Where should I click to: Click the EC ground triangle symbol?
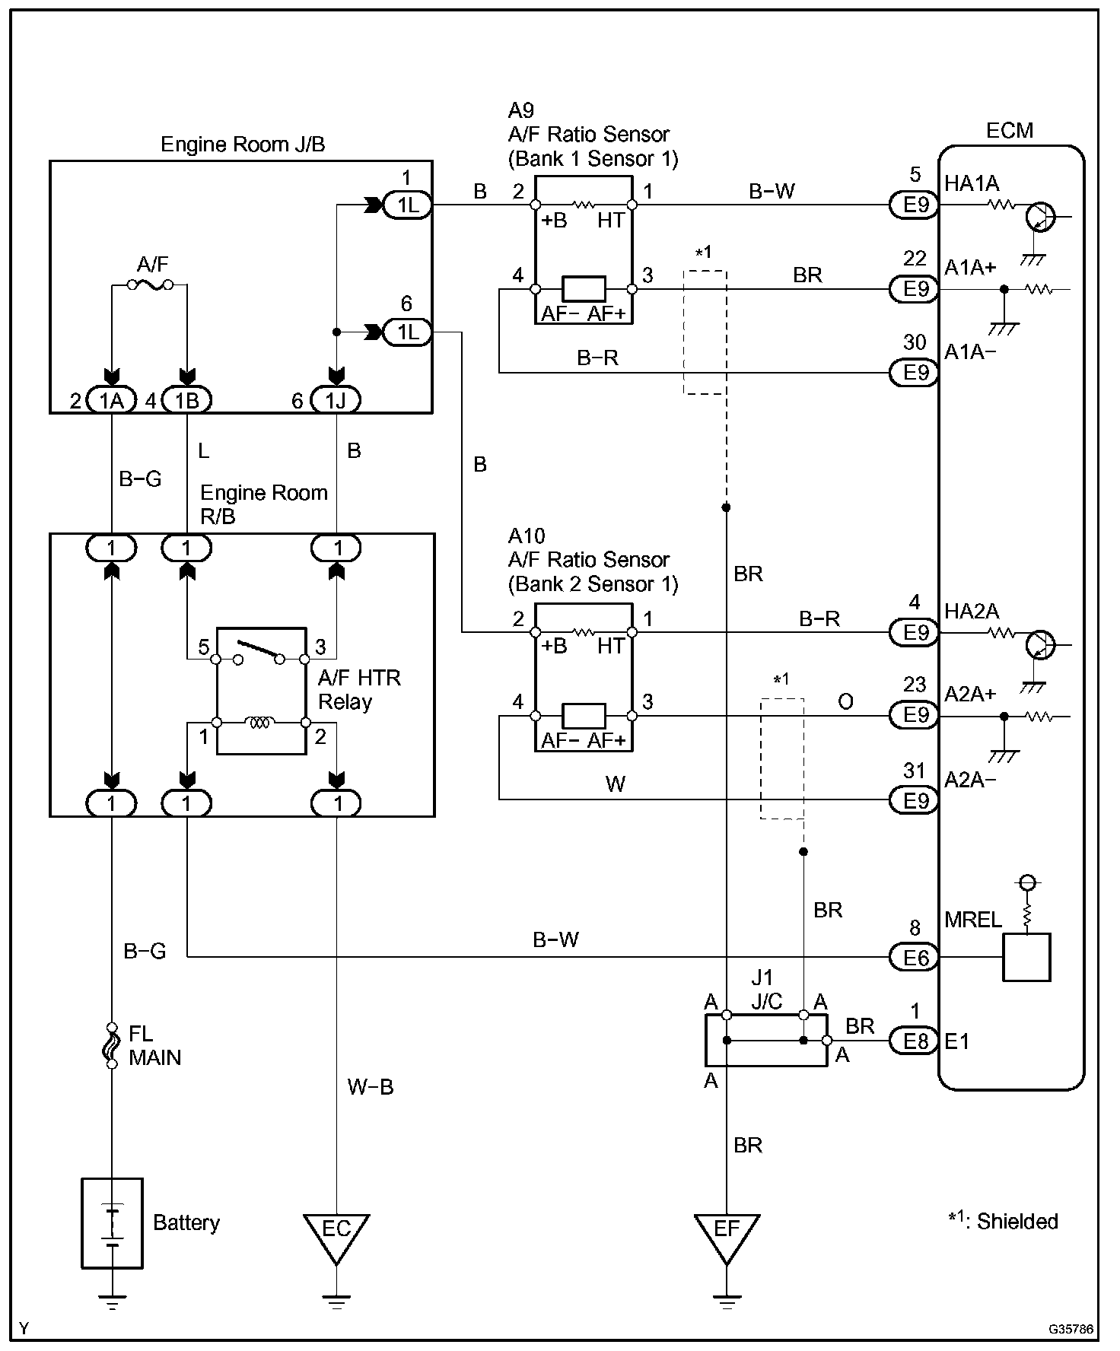click(336, 1238)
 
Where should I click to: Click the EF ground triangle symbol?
click(727, 1238)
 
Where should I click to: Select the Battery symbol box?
click(112, 1223)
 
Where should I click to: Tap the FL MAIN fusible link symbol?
click(112, 1044)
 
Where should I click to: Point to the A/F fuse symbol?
click(149, 285)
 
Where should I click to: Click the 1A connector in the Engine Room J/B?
click(112, 399)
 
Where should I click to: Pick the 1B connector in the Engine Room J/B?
click(186, 399)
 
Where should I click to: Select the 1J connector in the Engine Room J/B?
click(336, 399)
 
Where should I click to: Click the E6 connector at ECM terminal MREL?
click(915, 957)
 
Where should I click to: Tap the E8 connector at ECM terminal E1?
click(915, 1041)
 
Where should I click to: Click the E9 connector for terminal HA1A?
click(915, 205)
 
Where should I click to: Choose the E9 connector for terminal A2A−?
click(915, 799)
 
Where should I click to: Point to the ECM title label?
click(1010, 130)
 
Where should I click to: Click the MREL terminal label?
click(973, 920)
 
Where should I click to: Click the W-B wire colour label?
click(371, 1086)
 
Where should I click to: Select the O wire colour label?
click(845, 701)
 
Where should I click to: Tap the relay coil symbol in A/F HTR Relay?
click(259, 722)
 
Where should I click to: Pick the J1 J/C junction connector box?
click(766, 1040)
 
